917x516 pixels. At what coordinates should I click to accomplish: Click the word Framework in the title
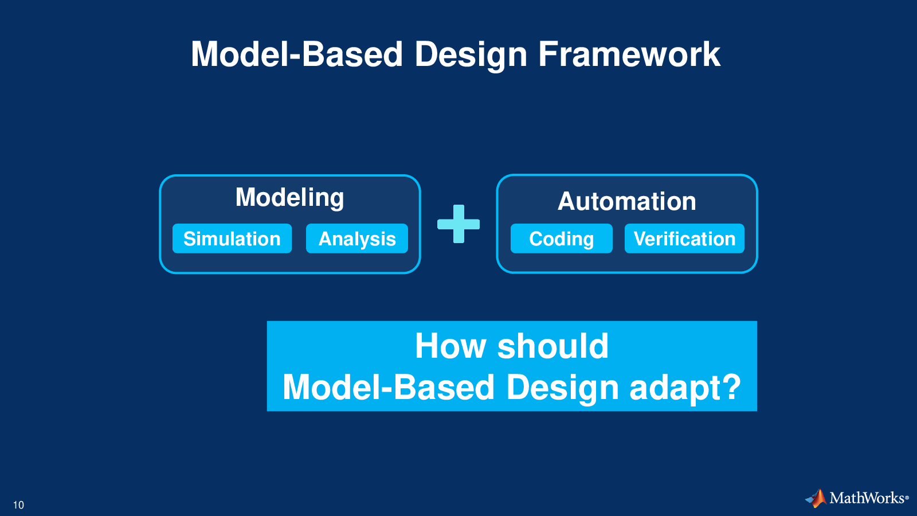pyautogui.click(x=629, y=54)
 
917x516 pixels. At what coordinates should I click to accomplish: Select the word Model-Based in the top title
pyautogui.click(x=297, y=54)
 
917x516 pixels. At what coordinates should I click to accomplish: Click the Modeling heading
pyautogui.click(x=290, y=198)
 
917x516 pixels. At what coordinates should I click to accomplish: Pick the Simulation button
pyautogui.click(x=232, y=239)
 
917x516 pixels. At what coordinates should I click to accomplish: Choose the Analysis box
pyautogui.click(x=357, y=239)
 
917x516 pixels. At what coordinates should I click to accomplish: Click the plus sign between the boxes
pyautogui.click(x=458, y=224)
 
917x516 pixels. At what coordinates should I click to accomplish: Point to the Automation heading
pyautogui.click(x=627, y=201)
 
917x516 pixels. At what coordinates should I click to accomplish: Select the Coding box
pyautogui.click(x=562, y=239)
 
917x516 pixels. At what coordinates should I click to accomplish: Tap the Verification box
pyautogui.click(x=684, y=239)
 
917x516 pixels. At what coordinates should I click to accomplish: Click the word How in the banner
pyautogui.click(x=450, y=346)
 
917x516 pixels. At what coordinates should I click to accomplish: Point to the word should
pyautogui.click(x=552, y=346)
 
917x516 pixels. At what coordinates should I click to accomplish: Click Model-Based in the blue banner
pyautogui.click(x=389, y=386)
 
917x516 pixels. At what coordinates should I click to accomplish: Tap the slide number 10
pyautogui.click(x=18, y=505)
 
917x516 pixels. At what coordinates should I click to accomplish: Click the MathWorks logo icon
pyautogui.click(x=816, y=498)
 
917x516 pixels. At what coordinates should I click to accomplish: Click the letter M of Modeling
pyautogui.click(x=245, y=198)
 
